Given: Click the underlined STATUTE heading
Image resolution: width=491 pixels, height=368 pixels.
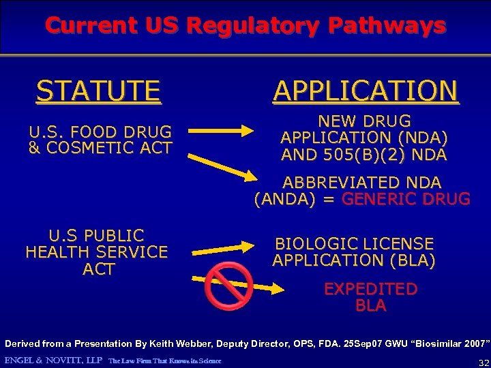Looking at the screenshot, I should (x=99, y=91).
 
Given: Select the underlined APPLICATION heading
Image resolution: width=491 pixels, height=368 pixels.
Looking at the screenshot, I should (x=366, y=91).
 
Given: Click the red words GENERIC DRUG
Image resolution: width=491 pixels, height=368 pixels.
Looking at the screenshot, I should (x=406, y=199).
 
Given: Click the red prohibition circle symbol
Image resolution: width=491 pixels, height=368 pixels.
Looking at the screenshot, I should (x=229, y=286).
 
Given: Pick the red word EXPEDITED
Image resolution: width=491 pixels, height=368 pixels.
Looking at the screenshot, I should (x=370, y=289).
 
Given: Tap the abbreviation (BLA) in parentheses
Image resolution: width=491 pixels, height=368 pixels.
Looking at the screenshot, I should (x=410, y=260).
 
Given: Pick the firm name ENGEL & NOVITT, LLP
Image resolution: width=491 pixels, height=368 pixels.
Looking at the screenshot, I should (x=53, y=360).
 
